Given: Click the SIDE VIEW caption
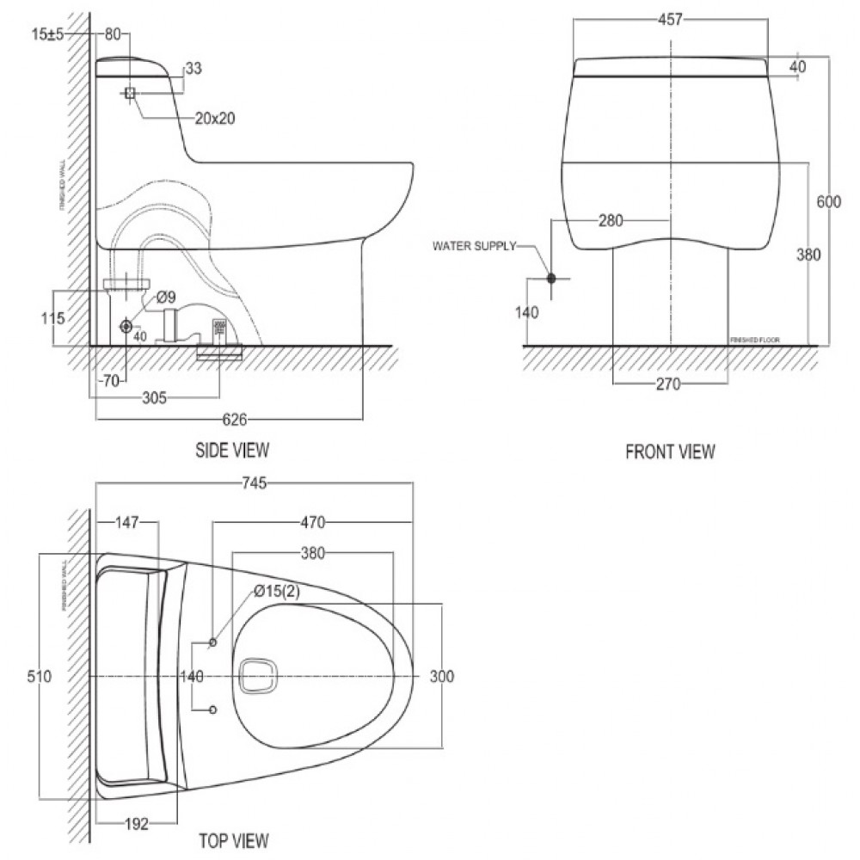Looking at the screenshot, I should tap(233, 449).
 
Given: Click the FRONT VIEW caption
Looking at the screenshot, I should tap(670, 451).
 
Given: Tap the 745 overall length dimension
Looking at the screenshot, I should tap(255, 483).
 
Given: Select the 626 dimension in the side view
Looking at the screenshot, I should tap(235, 420).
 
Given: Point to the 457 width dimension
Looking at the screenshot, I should tap(670, 20).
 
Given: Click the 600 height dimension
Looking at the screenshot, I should tap(828, 202).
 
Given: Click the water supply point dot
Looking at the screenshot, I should tap(551, 279).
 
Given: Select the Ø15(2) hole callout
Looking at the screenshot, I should tap(276, 591).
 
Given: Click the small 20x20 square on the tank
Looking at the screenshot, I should tap(130, 93).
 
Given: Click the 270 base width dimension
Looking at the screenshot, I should tap(667, 384).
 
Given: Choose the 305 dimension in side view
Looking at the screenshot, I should tap(154, 397).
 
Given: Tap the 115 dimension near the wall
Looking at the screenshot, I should tap(52, 318).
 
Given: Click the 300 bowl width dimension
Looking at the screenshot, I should tap(441, 677).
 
